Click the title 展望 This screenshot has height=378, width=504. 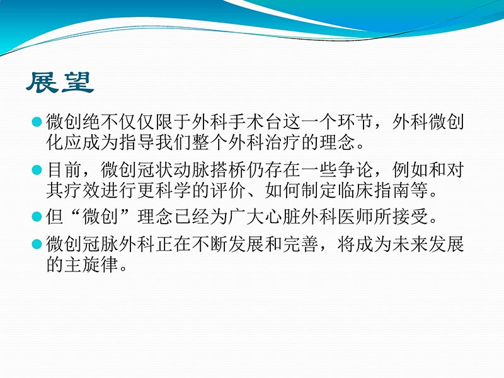pyautogui.click(x=60, y=83)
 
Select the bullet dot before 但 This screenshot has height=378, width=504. pyautogui.click(x=37, y=217)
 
